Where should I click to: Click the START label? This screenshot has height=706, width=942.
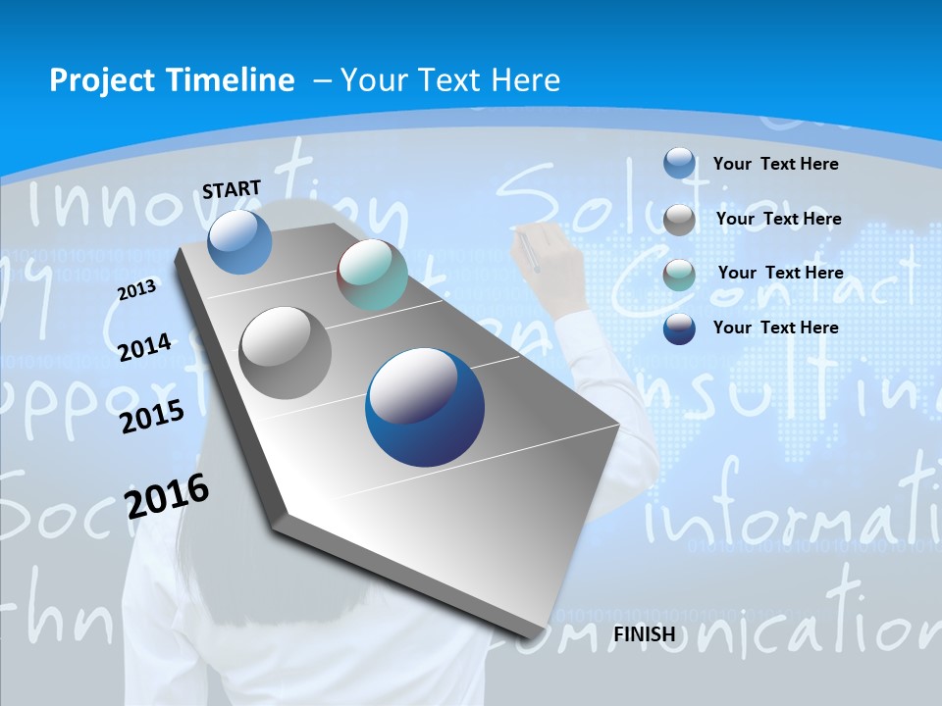232,189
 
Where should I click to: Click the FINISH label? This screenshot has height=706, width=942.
644,634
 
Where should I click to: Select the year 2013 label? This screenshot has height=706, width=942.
136,290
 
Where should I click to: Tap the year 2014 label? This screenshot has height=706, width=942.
144,347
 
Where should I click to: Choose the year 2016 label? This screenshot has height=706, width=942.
167,496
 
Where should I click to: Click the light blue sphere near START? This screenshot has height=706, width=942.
239,241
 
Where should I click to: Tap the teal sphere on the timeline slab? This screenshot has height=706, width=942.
372,275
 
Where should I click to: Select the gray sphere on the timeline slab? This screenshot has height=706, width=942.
286,352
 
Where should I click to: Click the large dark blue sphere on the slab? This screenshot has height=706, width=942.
424,407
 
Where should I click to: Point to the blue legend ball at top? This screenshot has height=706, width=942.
679,163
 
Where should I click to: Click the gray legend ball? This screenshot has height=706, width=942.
679,219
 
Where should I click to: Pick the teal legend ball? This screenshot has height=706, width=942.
679,274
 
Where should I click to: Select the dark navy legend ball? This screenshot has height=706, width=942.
679,328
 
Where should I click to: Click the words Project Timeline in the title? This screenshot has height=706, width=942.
172,80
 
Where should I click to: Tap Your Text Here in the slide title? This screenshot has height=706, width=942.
449,80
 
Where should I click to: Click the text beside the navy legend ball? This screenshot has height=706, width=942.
775,328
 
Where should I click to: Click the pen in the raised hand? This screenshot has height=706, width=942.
528,251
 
